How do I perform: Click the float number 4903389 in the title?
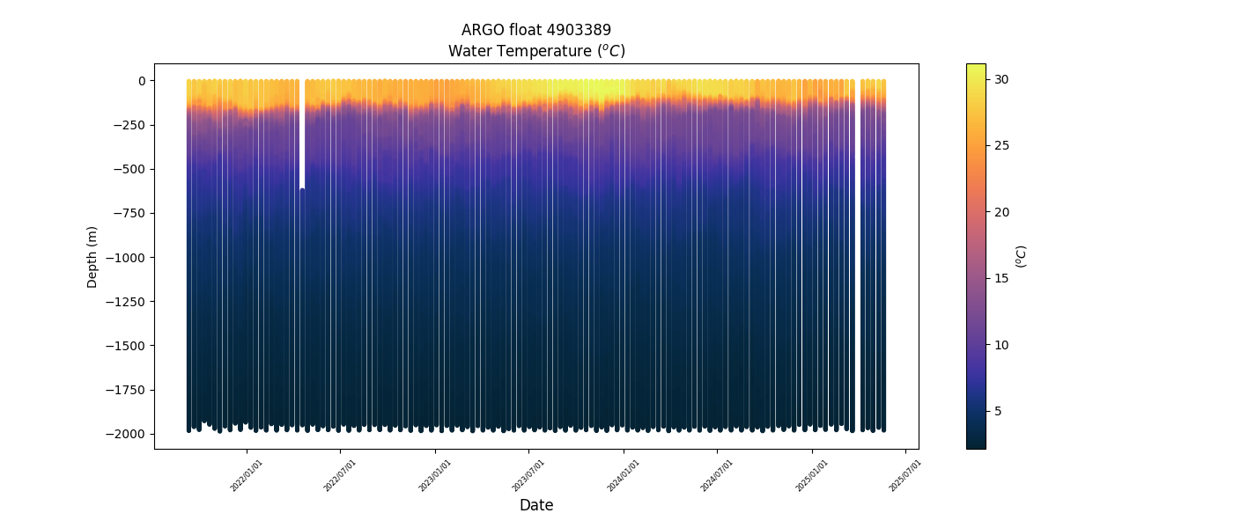576,30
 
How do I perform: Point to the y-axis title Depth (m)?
92,256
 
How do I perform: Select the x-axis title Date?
536,505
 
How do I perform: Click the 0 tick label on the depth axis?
141,81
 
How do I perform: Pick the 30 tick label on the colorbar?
1001,79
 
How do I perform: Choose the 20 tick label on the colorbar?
1001,212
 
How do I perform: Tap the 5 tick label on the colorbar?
998,411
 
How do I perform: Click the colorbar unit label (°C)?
1022,256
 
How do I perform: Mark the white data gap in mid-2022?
301,132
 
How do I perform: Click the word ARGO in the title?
481,30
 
